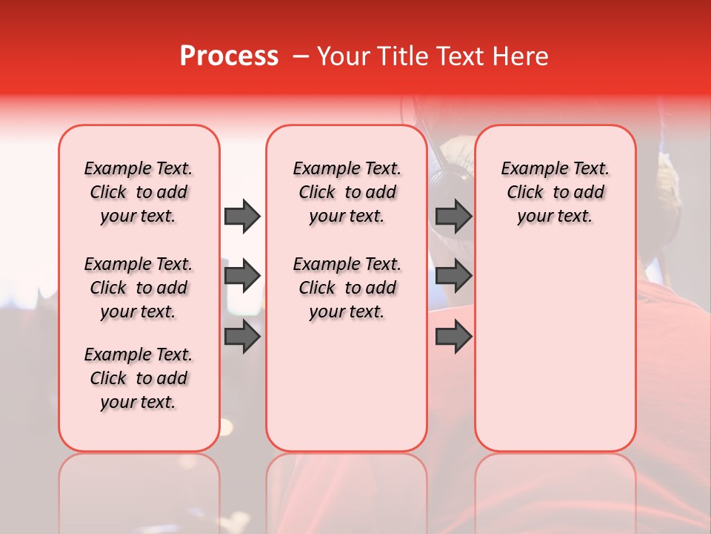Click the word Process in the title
[x=229, y=56]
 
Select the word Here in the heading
[x=521, y=56]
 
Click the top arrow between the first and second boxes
[x=242, y=216]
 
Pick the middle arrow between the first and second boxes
[x=242, y=276]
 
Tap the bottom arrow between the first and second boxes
[x=242, y=336]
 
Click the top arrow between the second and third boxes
[x=453, y=216]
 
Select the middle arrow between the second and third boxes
[x=453, y=276]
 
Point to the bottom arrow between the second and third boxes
[x=453, y=336]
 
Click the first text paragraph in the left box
[x=138, y=192]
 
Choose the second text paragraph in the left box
[x=138, y=288]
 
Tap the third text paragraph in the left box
[x=138, y=378]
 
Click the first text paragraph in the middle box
[x=347, y=192]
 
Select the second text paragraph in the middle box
[x=347, y=288]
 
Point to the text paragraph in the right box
[x=555, y=192]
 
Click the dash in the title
[x=301, y=56]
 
